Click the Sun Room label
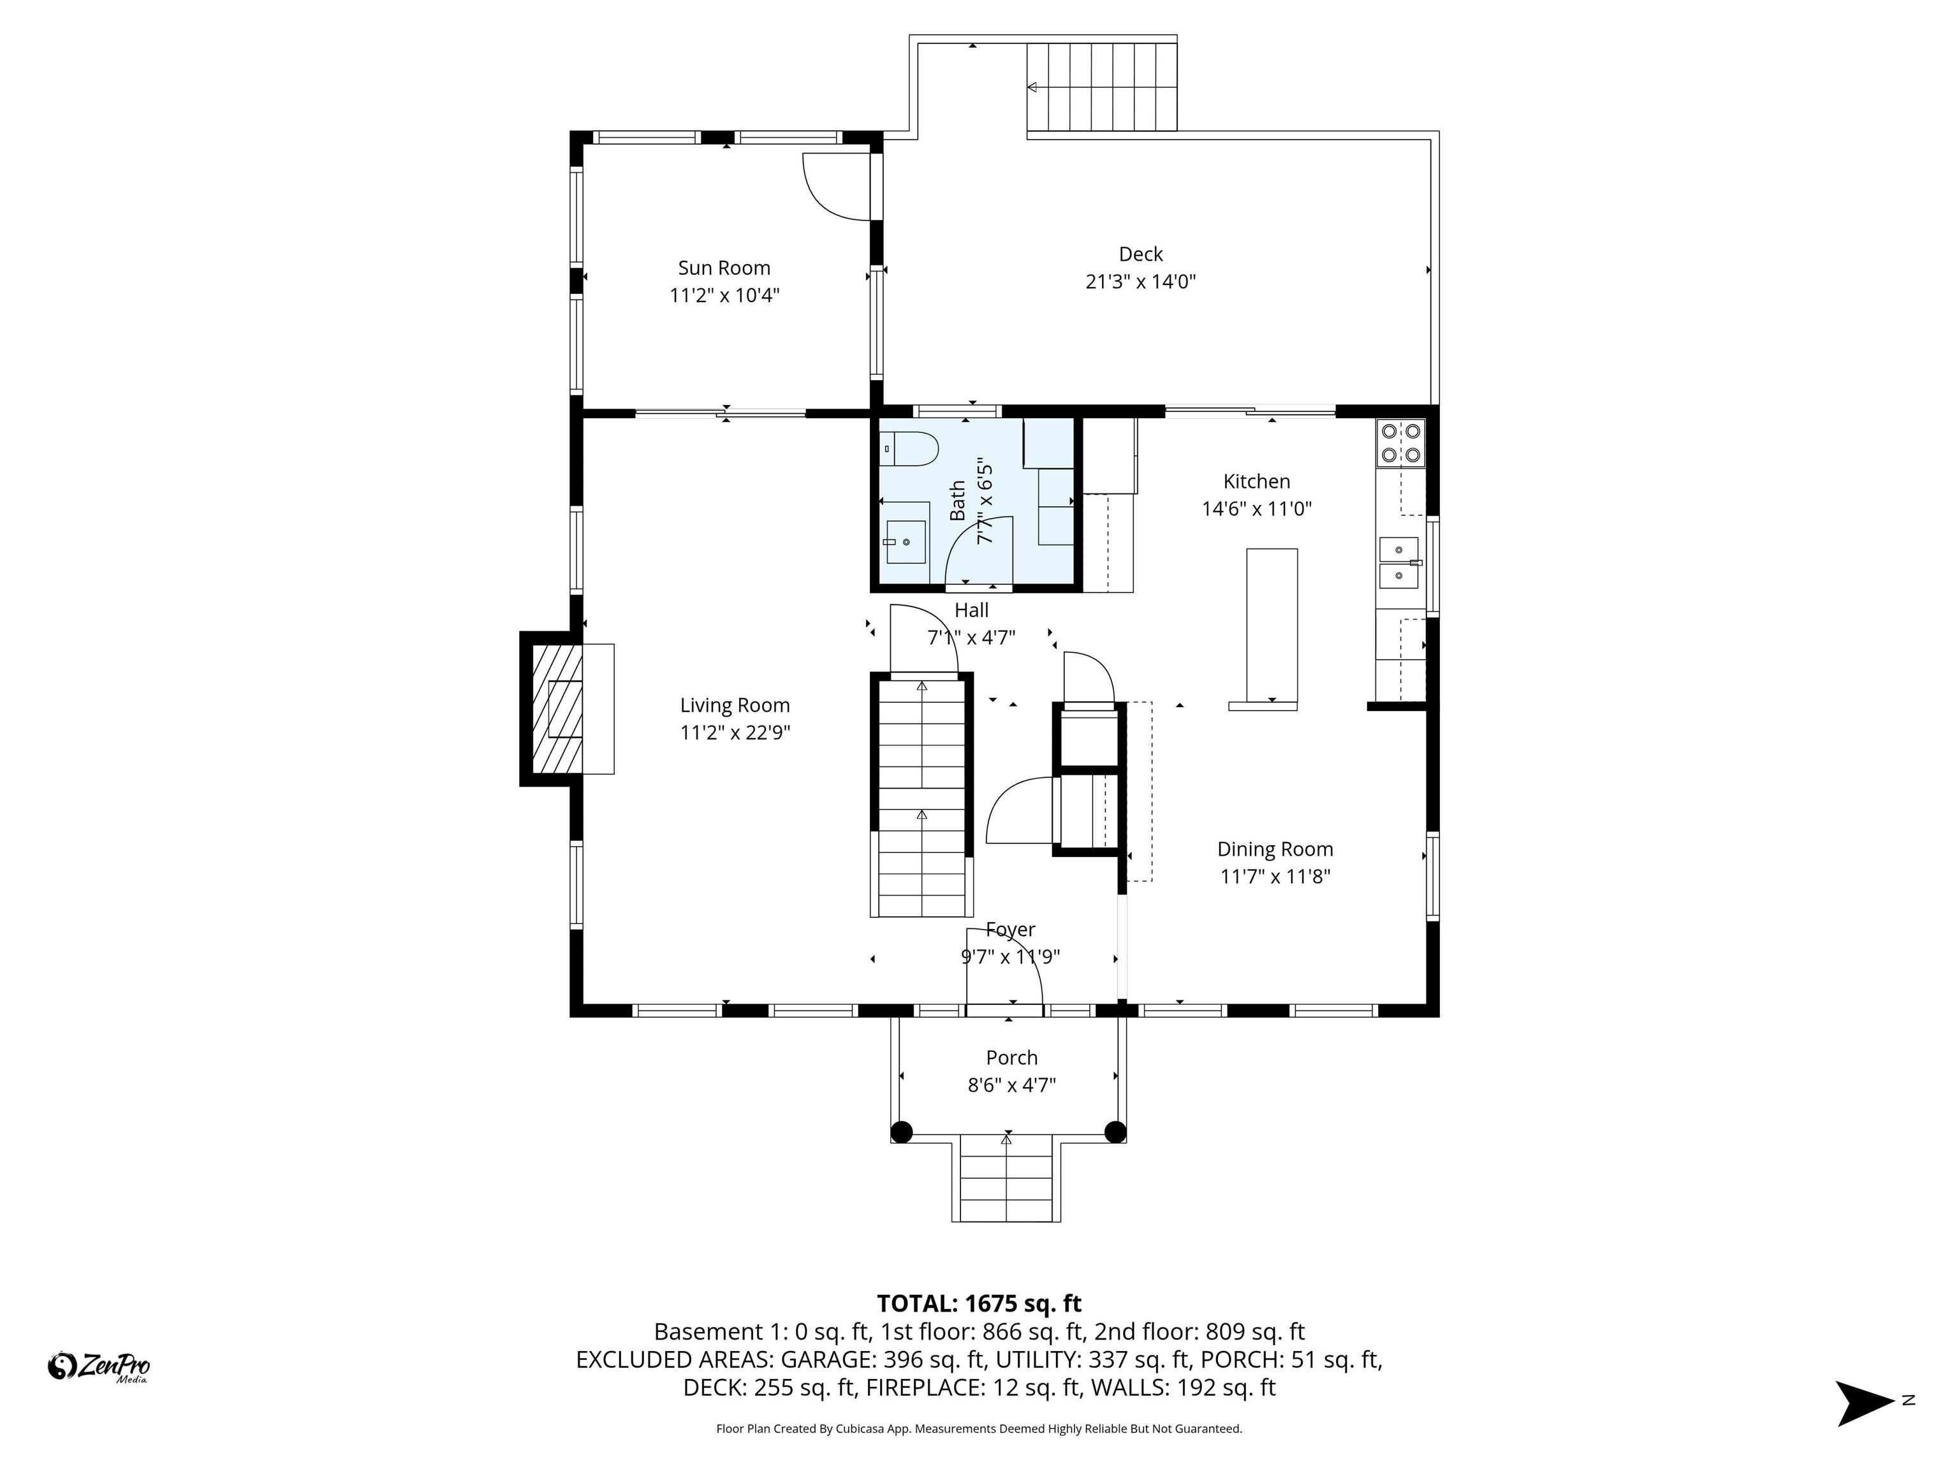724,267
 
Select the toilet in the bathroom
909,449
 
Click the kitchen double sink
1399,563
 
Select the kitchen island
1272,625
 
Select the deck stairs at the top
1102,86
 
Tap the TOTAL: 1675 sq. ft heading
979,1303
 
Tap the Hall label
972,610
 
